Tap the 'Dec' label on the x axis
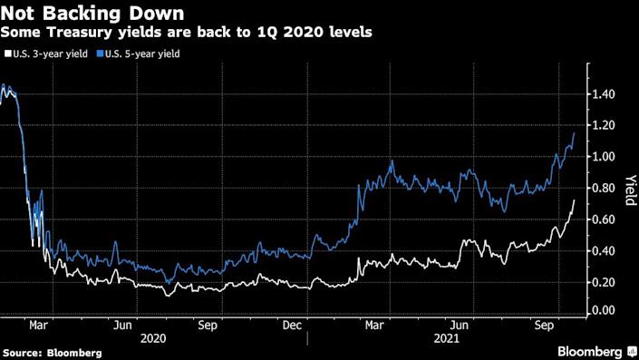tap(293, 322)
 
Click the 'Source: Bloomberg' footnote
tap(52, 352)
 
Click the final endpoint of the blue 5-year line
tap(575, 133)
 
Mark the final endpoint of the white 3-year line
tap(575, 201)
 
